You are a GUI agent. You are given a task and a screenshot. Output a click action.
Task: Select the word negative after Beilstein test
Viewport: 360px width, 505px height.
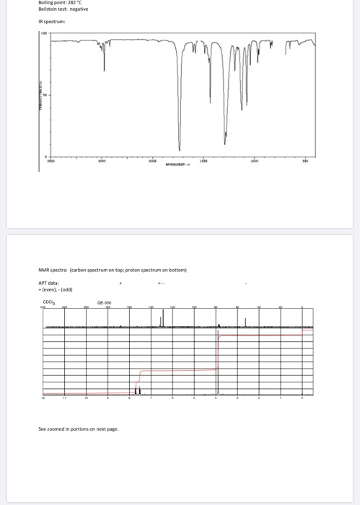pyautogui.click(x=80, y=9)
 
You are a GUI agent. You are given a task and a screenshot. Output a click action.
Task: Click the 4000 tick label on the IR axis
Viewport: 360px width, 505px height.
pyautogui.click(x=50, y=162)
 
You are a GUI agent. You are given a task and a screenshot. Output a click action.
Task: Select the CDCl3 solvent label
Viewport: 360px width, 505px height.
pyautogui.click(x=48, y=302)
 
